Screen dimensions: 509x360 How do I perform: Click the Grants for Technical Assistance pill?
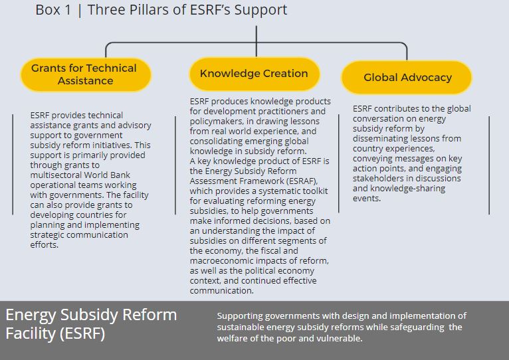point(86,74)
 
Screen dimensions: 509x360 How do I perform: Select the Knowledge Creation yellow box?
point(255,74)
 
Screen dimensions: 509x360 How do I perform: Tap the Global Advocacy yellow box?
point(407,77)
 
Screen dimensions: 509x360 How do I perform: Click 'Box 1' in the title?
point(53,10)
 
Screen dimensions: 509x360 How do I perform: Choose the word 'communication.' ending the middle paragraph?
point(222,290)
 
